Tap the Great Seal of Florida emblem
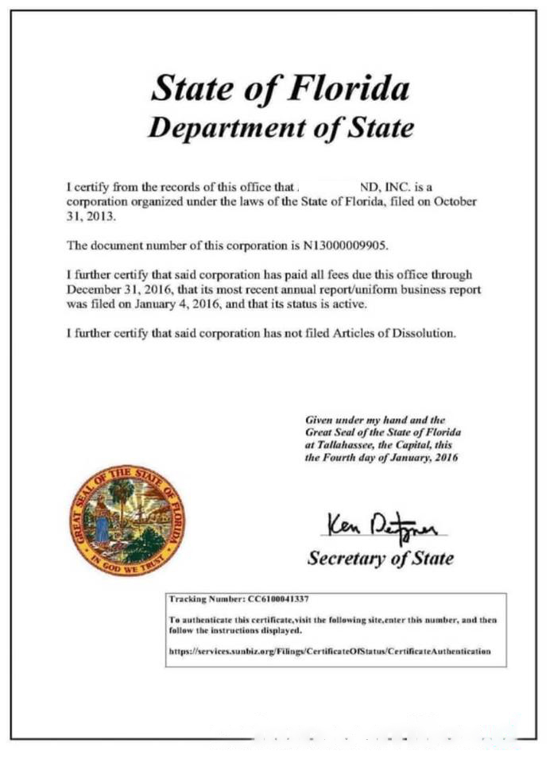pos(126,521)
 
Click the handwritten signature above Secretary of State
pos(385,524)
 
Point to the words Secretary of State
pos(380,558)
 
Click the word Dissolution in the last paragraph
pos(417,333)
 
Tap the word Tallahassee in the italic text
pos(343,445)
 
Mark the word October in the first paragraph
pos(455,201)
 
